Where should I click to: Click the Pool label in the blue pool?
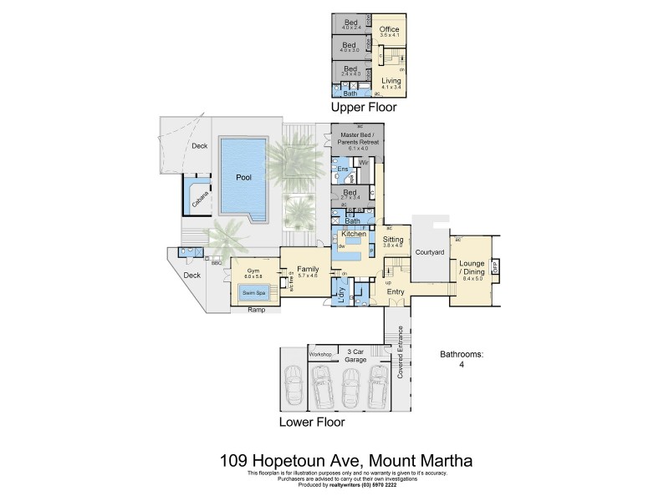click(x=243, y=178)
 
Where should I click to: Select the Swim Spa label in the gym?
click(x=253, y=293)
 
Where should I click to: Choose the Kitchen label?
click(x=354, y=235)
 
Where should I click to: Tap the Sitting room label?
click(x=393, y=239)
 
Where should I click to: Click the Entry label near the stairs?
click(x=396, y=291)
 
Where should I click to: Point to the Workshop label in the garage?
click(x=321, y=354)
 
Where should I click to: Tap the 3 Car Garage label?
click(x=355, y=354)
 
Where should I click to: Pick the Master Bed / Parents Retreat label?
click(x=358, y=139)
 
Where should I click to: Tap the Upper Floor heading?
click(x=363, y=108)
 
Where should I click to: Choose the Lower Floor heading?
click(x=311, y=423)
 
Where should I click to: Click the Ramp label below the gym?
click(x=257, y=310)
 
